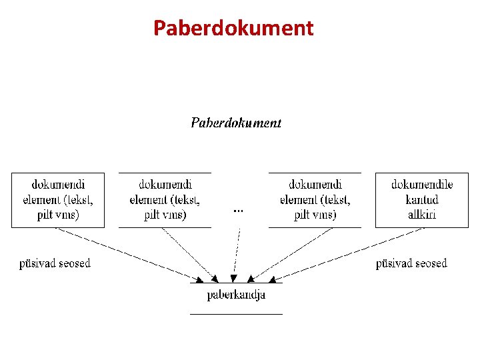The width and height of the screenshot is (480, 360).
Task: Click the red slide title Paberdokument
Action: (233, 28)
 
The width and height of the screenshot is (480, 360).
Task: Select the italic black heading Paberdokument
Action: (236, 123)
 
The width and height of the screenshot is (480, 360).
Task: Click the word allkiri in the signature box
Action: (421, 214)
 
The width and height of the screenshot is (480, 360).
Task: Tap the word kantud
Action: (421, 199)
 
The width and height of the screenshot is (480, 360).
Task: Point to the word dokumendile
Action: (421, 185)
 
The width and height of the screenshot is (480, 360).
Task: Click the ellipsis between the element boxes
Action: (238, 210)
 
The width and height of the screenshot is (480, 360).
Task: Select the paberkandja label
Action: (236, 295)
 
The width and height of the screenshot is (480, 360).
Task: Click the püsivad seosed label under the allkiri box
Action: (411, 263)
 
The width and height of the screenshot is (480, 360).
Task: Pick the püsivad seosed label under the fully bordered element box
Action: (54, 263)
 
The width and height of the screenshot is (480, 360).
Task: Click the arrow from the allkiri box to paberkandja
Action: (347, 254)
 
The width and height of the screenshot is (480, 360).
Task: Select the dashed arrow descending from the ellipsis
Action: (236, 253)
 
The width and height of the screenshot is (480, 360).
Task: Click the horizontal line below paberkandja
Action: (236, 313)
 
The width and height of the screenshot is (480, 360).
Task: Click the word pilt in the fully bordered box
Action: (48, 215)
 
